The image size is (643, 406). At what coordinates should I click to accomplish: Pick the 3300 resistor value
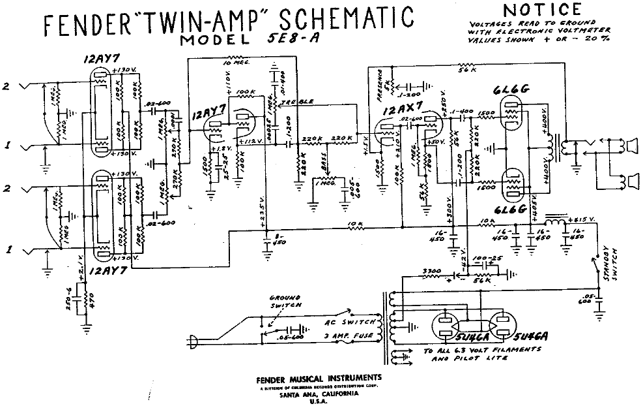click(x=431, y=270)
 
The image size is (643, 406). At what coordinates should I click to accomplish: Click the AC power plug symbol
click(x=193, y=339)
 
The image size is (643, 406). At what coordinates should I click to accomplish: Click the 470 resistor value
click(x=91, y=302)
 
